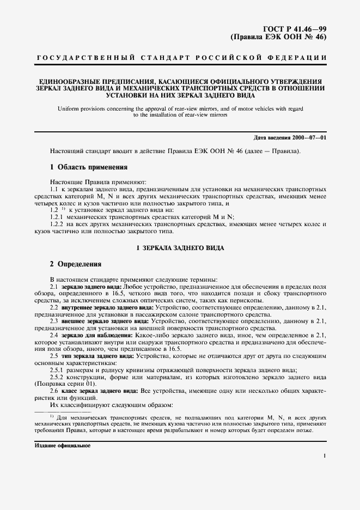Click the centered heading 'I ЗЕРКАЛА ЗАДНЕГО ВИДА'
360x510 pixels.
pyautogui.click(x=179, y=248)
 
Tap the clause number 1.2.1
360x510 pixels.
pyautogui.click(x=57, y=216)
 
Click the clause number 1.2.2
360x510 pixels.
pyautogui.click(x=57, y=223)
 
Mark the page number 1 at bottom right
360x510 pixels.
pyautogui.click(x=324, y=457)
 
